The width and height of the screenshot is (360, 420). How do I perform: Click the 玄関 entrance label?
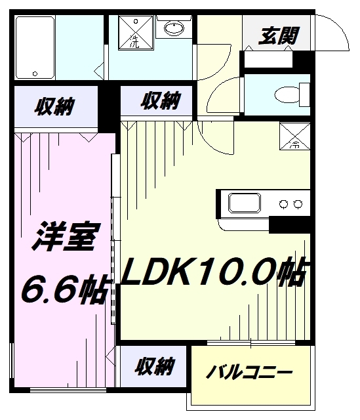278,35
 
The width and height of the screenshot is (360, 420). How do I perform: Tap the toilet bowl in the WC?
287,94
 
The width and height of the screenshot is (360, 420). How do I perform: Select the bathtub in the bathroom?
35,48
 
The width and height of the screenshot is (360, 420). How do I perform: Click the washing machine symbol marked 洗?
136,33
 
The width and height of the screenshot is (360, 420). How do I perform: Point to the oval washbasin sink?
174,28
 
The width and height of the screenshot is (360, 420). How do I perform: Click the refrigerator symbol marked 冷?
294,136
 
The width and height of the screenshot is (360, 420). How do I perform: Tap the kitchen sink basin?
244,203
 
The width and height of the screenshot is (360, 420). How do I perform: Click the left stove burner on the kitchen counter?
283,204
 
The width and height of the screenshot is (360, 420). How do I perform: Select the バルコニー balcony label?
249,372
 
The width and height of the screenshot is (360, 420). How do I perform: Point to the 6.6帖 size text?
66,289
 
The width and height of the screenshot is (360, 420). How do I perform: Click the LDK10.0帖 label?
214,271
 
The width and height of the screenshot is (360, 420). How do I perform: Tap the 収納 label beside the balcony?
155,366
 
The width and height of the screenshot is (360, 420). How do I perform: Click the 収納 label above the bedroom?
54,106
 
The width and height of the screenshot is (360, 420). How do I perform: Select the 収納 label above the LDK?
161,100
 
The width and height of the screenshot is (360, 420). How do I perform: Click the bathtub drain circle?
35,73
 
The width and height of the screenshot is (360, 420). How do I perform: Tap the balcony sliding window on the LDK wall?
250,343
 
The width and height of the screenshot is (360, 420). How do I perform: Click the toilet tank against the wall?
304,94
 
